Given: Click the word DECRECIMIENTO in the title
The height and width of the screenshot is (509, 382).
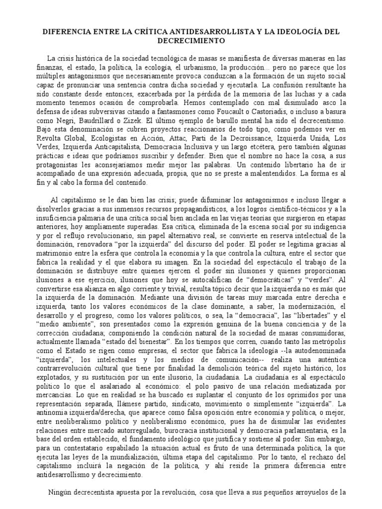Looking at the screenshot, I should coord(191,40).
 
